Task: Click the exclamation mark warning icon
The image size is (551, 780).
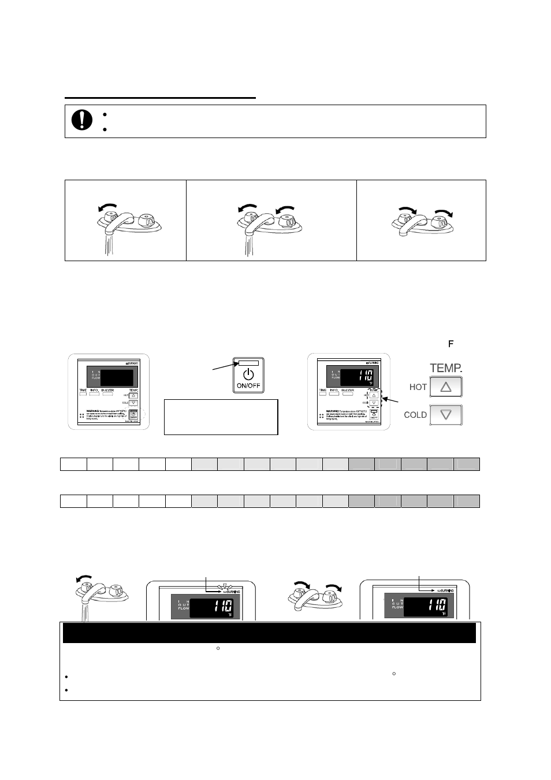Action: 82,120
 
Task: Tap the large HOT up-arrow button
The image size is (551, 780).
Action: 446,387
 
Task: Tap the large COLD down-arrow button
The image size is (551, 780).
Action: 446,415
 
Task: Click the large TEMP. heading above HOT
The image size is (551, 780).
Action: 446,367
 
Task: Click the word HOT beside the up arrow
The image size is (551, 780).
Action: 418,387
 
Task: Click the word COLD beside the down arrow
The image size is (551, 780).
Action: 415,415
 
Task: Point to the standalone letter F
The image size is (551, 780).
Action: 451,344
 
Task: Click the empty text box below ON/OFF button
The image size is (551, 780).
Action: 221,417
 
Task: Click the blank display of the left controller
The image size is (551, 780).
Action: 117,378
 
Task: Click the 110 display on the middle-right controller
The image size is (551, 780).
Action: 357,377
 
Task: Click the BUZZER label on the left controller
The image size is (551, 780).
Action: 107,391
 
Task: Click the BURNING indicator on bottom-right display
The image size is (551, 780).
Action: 442,590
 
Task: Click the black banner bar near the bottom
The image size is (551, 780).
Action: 269,633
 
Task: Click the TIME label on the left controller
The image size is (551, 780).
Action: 84,391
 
